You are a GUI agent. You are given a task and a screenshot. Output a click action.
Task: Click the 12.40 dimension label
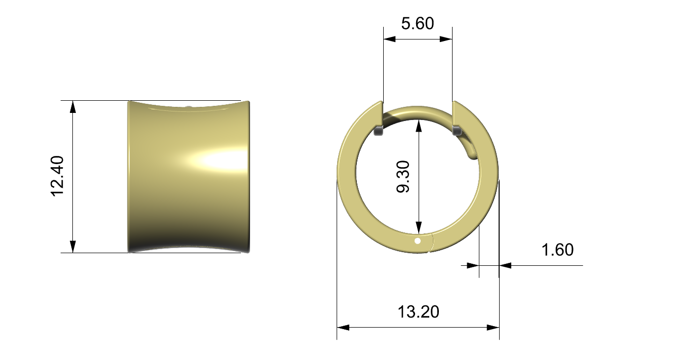click(57, 176)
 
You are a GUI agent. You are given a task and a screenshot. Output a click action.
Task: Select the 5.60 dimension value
click(418, 24)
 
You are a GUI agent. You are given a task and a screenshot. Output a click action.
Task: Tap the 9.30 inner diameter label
click(403, 177)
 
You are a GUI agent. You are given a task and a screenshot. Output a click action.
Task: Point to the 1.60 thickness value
click(557, 250)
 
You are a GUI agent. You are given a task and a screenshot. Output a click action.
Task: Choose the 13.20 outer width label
click(418, 312)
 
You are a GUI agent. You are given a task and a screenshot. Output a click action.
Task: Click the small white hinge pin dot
click(418, 241)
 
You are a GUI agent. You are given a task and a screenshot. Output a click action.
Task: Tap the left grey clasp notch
click(379, 131)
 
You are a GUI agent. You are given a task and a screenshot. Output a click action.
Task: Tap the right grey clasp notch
click(457, 131)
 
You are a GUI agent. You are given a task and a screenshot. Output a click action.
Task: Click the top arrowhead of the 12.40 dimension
click(73, 106)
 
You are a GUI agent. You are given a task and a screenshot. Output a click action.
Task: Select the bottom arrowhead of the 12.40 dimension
click(73, 247)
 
